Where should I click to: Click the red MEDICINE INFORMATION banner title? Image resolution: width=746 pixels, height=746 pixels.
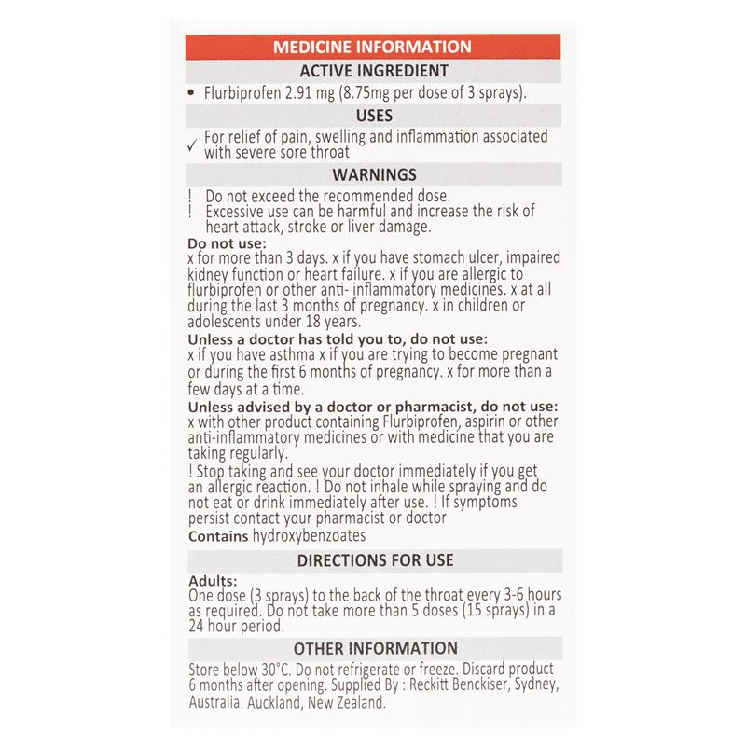(x=372, y=46)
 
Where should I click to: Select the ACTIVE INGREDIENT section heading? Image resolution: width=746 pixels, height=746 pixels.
(x=372, y=70)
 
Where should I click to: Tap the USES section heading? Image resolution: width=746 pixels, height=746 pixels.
(x=372, y=116)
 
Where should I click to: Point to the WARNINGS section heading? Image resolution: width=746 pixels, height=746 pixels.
(x=372, y=174)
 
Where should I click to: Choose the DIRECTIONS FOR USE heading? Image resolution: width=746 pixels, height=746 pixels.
(x=372, y=560)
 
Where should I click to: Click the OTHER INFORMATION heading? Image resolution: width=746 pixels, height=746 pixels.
(x=372, y=648)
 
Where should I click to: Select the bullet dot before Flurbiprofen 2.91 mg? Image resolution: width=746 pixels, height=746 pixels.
(x=191, y=93)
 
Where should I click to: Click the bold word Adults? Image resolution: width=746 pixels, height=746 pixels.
(x=212, y=580)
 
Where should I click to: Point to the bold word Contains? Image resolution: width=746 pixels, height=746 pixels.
(x=218, y=537)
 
